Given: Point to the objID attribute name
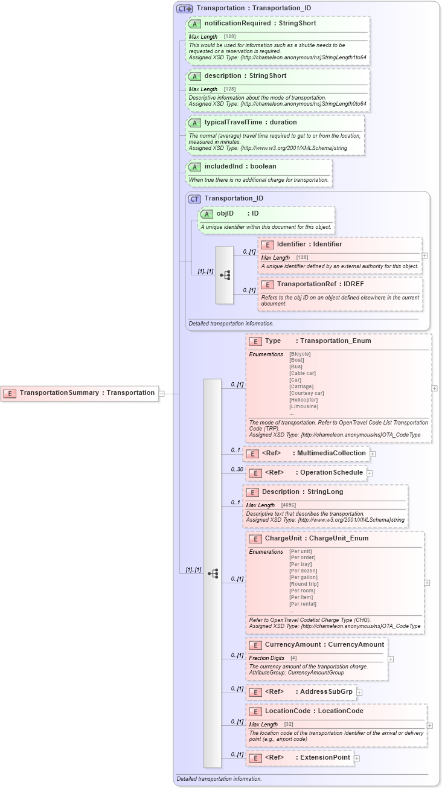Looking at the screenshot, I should coord(225,214).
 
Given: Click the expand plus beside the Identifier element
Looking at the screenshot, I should coord(425,256).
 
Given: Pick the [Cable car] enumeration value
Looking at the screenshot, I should coord(303,373).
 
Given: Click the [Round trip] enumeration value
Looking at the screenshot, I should coord(303,584).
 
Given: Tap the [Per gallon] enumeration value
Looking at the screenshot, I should coord(303,577).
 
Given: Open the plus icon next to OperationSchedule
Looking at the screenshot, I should coord(370,473).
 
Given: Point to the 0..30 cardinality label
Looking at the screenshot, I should coord(236,469).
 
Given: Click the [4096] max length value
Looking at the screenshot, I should coord(289,505).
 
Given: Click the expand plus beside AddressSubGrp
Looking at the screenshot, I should coord(359,692).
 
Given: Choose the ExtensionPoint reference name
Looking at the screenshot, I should coord(325,758).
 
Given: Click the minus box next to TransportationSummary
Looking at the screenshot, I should coord(161,393).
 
